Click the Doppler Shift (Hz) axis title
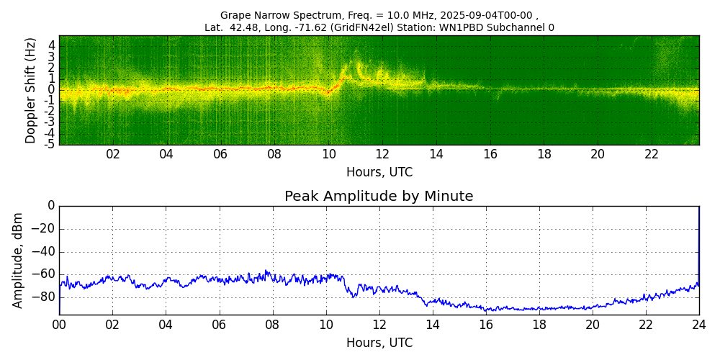pos(31,90)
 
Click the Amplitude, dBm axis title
pos(19,260)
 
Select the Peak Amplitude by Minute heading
pos(379,197)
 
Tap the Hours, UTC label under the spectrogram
pos(379,173)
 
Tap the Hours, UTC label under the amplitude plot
pos(379,343)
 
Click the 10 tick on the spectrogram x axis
pos(328,154)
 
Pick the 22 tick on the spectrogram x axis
pos(652,154)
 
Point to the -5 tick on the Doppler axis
pos(50,144)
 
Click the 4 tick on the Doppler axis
pos(52,45)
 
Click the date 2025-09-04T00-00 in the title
pos(486,15)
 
